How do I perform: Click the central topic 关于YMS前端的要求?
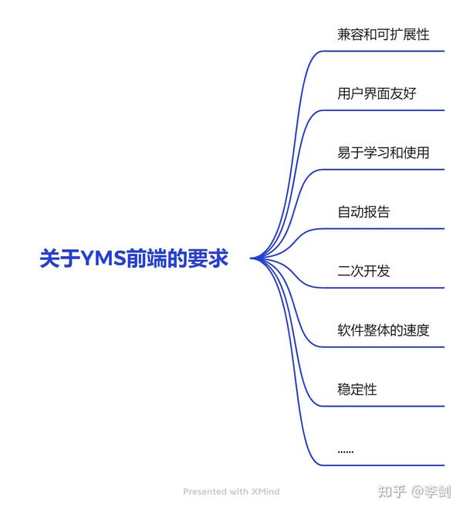[x=134, y=258]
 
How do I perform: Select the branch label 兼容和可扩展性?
[x=383, y=35]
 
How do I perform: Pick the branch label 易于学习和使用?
[x=383, y=153]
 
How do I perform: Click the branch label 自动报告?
[x=363, y=212]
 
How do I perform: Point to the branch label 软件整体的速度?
[x=383, y=330]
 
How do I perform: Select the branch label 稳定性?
[x=357, y=390]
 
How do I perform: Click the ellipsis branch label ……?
[x=346, y=450]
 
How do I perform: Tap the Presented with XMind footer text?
[x=231, y=491]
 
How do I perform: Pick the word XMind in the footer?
[x=265, y=491]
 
